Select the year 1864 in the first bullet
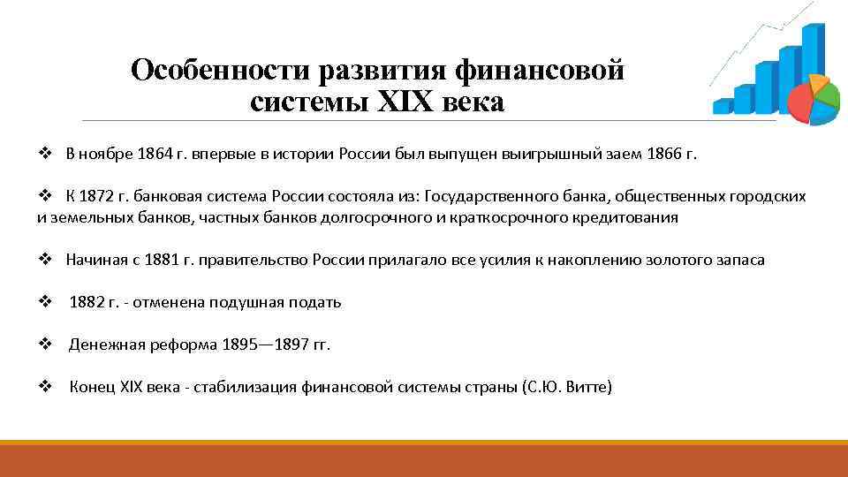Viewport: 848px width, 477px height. pyautogui.click(x=155, y=153)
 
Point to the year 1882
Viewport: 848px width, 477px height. pyautogui.click(x=87, y=302)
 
